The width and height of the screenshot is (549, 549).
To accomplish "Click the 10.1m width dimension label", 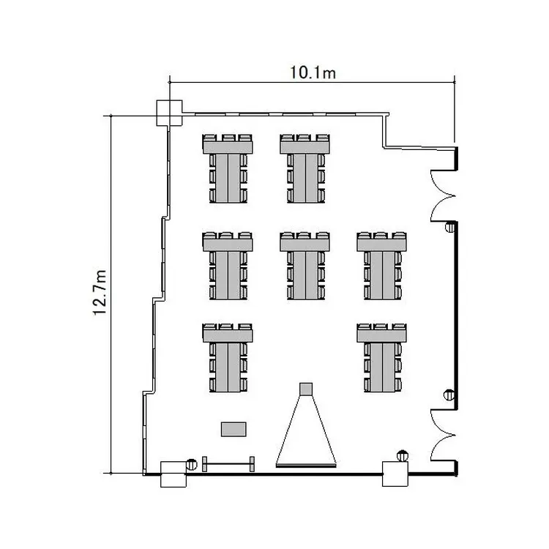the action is click(x=313, y=72).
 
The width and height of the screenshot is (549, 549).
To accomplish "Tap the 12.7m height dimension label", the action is click(x=100, y=293).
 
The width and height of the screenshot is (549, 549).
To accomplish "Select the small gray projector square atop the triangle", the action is click(x=306, y=389).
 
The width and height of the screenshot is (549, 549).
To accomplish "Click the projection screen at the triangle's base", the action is click(x=306, y=466).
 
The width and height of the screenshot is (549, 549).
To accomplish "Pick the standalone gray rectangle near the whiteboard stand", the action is click(x=234, y=429).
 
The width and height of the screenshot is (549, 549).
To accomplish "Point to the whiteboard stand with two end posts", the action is click(x=228, y=464).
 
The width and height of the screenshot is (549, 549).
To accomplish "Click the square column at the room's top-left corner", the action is click(x=169, y=113).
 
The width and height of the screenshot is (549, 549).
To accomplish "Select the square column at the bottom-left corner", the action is click(x=173, y=474).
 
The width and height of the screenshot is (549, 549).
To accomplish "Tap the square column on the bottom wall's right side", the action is click(x=395, y=474).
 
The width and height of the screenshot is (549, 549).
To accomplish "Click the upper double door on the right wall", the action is click(x=442, y=195).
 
